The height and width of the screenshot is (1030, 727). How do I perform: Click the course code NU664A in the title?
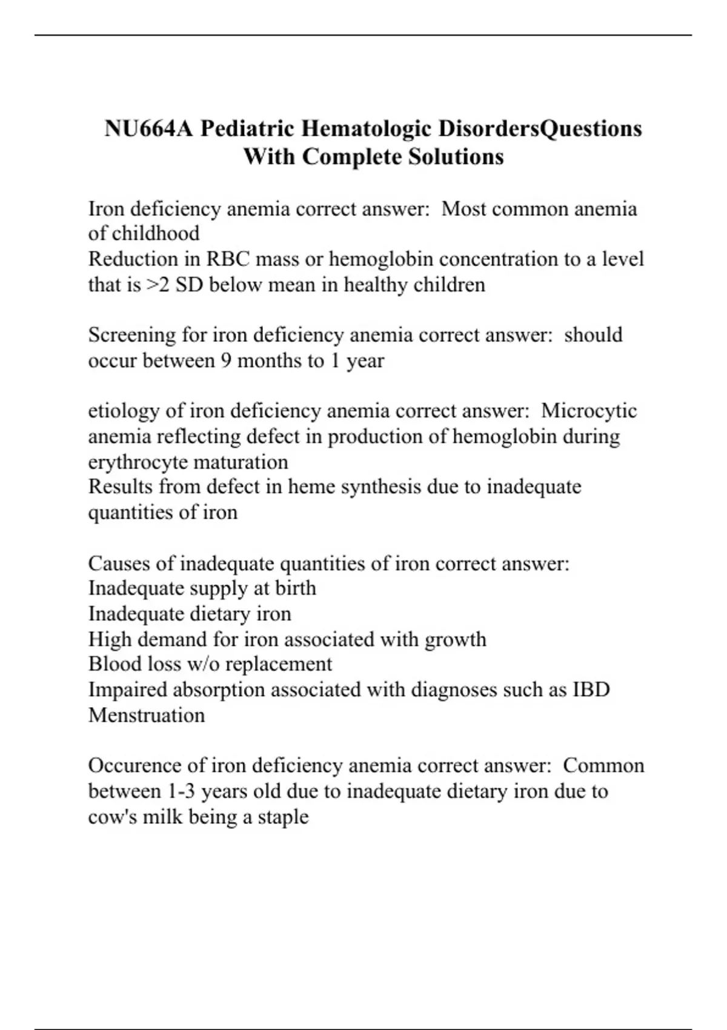(x=149, y=128)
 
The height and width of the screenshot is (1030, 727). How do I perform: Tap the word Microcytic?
(x=589, y=411)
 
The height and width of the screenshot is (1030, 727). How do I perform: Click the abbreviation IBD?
(x=591, y=689)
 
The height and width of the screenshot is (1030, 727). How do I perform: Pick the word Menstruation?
(x=147, y=716)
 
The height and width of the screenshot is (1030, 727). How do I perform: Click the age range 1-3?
(x=180, y=791)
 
